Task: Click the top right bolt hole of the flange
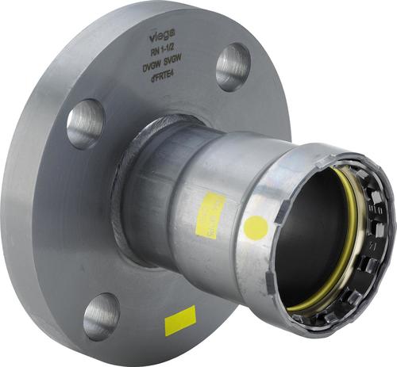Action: click(232, 66)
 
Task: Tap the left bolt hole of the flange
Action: click(85, 123)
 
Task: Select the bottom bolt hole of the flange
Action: click(101, 315)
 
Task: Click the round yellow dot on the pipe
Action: click(256, 228)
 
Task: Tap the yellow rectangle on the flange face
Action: click(180, 320)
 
